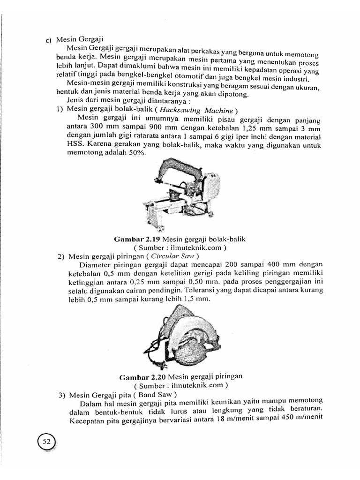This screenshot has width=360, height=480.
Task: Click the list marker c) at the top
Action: tap(48, 41)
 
